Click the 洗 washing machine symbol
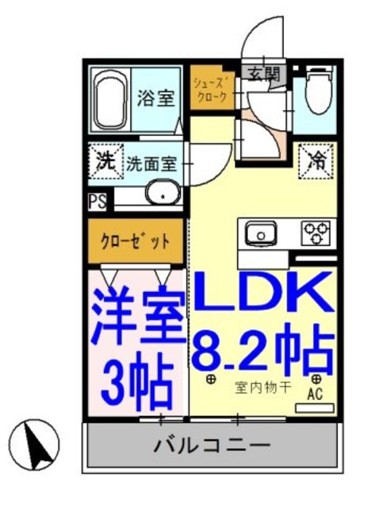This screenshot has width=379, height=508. [104, 160]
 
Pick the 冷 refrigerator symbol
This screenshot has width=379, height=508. [316, 160]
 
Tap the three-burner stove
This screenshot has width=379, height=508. [315, 233]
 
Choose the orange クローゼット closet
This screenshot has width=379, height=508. [136, 242]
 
